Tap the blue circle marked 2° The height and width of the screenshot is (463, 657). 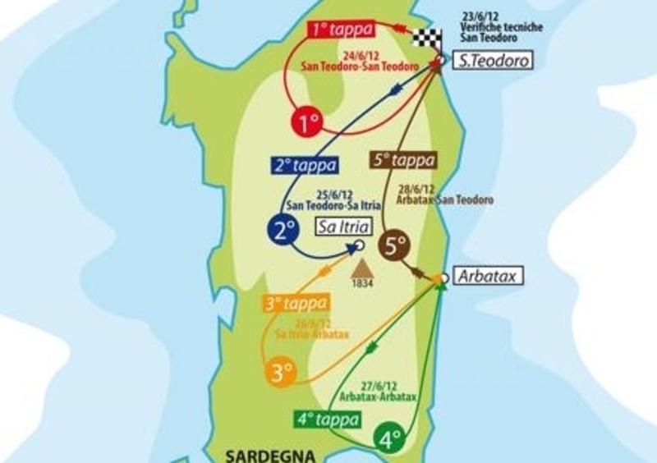pos(285,230)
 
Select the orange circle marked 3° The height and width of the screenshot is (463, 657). pos(281,372)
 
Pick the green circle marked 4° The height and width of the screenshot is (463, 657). pos(388,438)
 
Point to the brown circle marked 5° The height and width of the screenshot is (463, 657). pos(395,244)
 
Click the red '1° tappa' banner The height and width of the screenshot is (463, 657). pos(340,30)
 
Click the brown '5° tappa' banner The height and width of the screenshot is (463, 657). pos(402,160)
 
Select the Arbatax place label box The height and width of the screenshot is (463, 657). pos(488,277)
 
